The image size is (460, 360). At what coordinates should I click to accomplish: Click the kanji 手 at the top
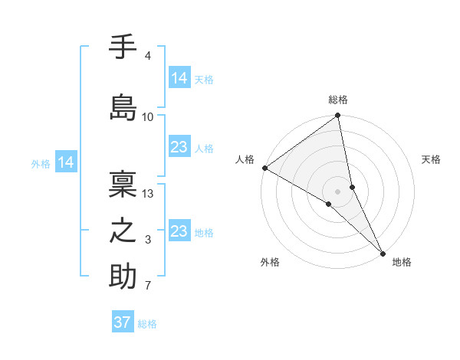pyautogui.click(x=123, y=48)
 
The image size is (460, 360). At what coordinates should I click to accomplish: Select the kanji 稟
pyautogui.click(x=123, y=184)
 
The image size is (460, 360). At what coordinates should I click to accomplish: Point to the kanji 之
pyautogui.click(x=123, y=231)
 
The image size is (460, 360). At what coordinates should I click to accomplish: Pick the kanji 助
pyautogui.click(x=123, y=277)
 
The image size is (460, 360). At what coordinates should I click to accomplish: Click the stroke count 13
pyautogui.click(x=148, y=194)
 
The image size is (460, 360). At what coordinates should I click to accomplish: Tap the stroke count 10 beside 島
pyautogui.click(x=148, y=116)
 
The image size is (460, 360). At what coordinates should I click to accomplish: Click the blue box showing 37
pyautogui.click(x=123, y=322)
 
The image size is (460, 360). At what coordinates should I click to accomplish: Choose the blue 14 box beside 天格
pyautogui.click(x=179, y=77)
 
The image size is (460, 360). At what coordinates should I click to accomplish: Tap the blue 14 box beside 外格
pyautogui.click(x=65, y=162)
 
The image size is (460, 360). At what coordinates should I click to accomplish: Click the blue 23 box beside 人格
pyautogui.click(x=179, y=147)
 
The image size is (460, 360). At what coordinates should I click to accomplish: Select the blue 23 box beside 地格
pyautogui.click(x=179, y=231)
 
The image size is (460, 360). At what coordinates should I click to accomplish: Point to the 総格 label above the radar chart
pyautogui.click(x=338, y=100)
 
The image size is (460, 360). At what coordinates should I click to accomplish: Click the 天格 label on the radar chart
pyautogui.click(x=432, y=159)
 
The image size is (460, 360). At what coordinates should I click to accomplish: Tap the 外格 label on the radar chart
pyautogui.click(x=270, y=262)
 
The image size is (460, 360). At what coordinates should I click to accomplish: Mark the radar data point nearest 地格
pyautogui.click(x=383, y=253)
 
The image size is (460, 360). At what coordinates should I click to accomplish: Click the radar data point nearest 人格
pyautogui.click(x=264, y=168)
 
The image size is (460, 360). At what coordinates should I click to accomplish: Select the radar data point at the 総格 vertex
pyautogui.click(x=338, y=116)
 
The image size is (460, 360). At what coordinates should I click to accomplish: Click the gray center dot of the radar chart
pyautogui.click(x=338, y=191)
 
